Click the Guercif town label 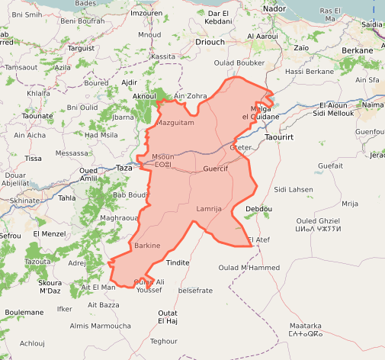216,168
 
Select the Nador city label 273,8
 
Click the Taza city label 123,167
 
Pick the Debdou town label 259,209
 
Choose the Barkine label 147,246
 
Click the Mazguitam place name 175,122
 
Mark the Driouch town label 210,43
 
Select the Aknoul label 144,96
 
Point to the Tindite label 178,262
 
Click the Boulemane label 24,312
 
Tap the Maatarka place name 305,325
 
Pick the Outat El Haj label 168,317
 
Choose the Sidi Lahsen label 294,189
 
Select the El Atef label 259,240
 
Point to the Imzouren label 146,13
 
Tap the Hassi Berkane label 310,71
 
